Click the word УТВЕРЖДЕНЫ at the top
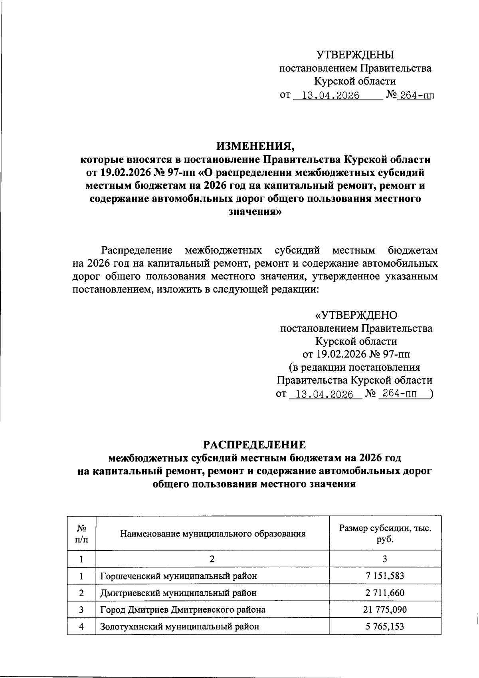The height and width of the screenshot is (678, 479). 355,55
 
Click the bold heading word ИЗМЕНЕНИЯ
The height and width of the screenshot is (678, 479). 255,146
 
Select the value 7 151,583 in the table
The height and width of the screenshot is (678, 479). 385,576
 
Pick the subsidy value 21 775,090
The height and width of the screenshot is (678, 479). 385,609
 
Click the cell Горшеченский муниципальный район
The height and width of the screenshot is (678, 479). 178,576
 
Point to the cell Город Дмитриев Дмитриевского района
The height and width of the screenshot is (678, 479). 183,609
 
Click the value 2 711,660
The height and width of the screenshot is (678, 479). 385,593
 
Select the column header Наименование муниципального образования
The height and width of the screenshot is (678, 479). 212,533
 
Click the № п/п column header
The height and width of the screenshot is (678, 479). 81,533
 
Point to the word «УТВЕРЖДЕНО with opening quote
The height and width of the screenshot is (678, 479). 356,316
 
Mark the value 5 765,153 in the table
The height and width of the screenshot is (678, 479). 385,626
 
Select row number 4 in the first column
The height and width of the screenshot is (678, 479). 81,626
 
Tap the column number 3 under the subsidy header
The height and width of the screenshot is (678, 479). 385,559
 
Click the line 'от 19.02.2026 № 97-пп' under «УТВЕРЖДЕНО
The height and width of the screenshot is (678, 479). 356,354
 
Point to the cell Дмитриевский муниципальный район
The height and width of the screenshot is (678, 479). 178,593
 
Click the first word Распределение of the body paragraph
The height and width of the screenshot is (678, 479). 137,251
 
